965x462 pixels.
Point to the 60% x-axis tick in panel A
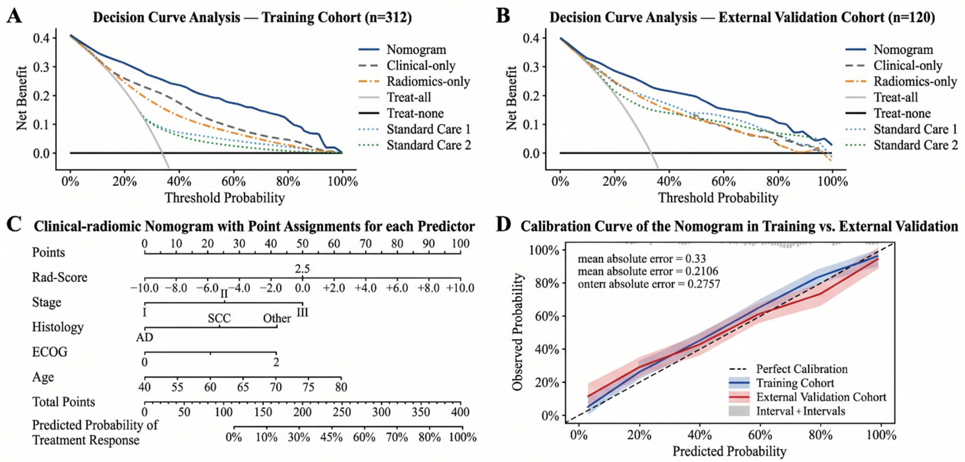234,181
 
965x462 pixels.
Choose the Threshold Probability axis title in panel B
718,198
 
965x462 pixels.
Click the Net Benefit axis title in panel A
22,98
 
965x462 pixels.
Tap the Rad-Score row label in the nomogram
60,277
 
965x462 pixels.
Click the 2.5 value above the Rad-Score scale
302,269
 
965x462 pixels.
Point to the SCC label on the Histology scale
219,318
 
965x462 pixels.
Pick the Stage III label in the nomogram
303,312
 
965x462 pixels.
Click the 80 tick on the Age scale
341,386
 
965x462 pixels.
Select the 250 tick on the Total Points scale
342,412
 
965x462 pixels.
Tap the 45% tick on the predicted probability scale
332,438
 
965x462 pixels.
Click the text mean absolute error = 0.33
642,259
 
